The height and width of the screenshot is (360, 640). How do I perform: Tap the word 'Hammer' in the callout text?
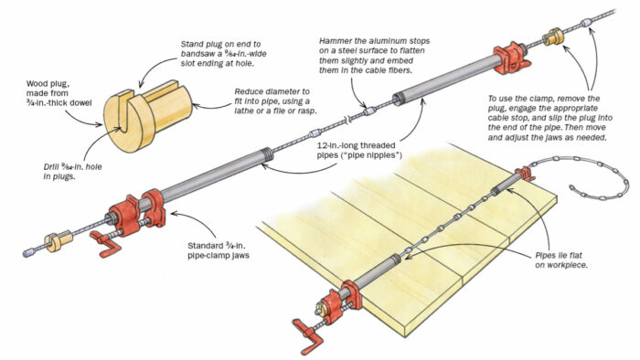click(339, 42)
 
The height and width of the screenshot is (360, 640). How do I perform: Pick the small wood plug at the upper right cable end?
click(553, 39)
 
